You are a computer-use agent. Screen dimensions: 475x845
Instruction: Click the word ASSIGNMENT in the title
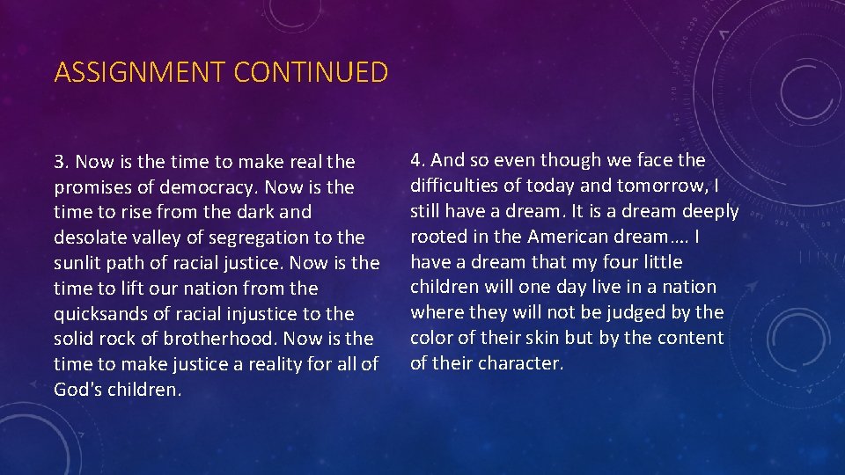coord(140,72)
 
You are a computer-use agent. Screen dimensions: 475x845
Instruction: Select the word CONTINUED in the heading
coord(311,72)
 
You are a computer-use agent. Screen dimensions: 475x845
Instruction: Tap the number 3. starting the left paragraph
coord(62,162)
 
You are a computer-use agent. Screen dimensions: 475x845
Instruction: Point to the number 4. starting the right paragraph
coord(418,160)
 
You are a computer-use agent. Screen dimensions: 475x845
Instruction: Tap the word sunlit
coord(78,263)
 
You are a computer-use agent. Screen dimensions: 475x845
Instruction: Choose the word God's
coord(77,390)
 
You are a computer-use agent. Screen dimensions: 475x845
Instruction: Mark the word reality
coord(262,364)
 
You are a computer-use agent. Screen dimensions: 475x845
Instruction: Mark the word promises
coord(94,187)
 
